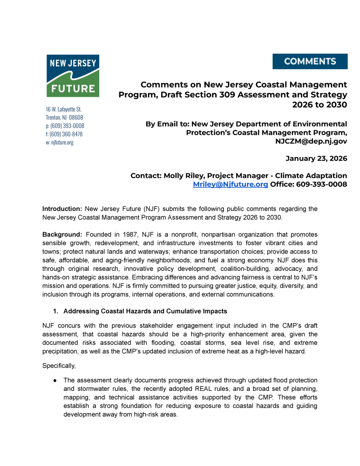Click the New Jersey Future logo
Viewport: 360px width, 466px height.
(x=73, y=76)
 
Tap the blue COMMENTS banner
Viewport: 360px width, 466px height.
(x=310, y=61)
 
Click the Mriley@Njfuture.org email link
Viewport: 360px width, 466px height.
(x=230, y=184)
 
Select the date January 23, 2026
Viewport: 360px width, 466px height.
(x=316, y=158)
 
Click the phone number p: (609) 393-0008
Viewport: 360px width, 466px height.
(x=65, y=126)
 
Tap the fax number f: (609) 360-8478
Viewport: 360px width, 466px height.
(x=64, y=134)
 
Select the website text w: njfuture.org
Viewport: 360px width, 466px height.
(x=60, y=142)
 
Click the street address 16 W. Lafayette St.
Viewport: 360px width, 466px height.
(x=63, y=109)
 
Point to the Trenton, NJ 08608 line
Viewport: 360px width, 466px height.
(x=64, y=117)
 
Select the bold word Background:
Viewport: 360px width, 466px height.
(x=62, y=234)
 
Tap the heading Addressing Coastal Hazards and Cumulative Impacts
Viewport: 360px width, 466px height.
(x=145, y=311)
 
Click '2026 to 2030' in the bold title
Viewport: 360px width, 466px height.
(x=319, y=104)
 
